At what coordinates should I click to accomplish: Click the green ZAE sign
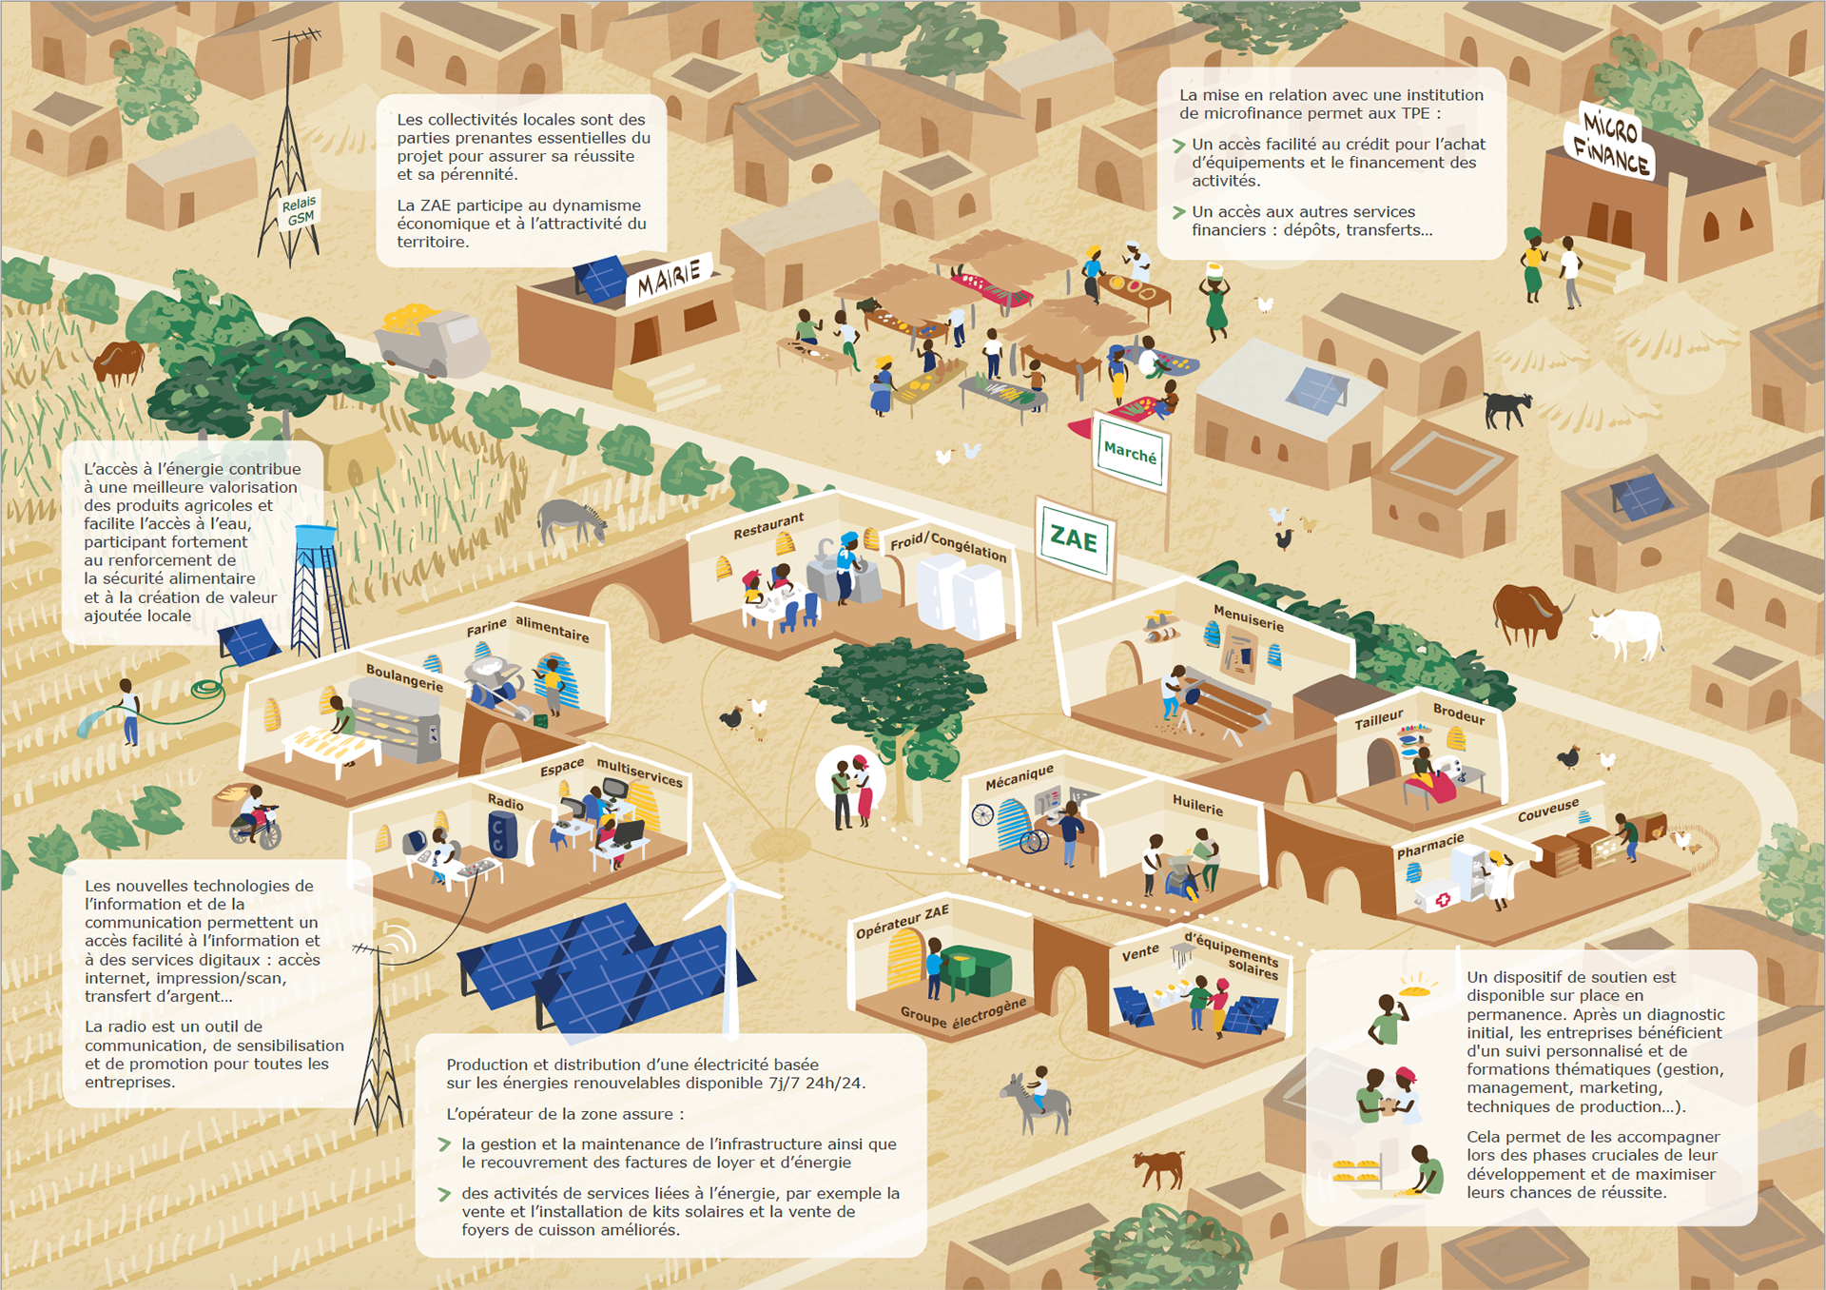(x=1074, y=539)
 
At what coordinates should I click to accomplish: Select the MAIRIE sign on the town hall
(x=669, y=278)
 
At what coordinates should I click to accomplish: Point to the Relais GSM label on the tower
(x=300, y=211)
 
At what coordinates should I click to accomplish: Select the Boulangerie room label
(x=404, y=677)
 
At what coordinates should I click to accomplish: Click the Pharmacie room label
(x=1429, y=845)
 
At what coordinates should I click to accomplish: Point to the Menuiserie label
(x=1248, y=617)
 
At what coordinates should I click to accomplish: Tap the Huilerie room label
(x=1197, y=805)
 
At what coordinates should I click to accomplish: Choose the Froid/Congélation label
(x=947, y=545)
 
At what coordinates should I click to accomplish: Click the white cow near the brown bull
(x=1627, y=633)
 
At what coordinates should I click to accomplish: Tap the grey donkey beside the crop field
(x=570, y=520)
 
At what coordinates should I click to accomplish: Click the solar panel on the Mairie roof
(x=601, y=278)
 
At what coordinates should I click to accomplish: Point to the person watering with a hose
(x=128, y=710)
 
